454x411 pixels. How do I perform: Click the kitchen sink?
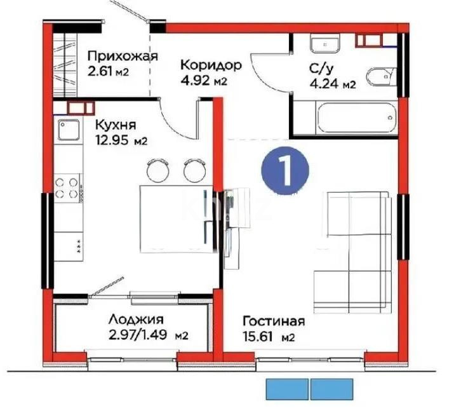click(x=67, y=131)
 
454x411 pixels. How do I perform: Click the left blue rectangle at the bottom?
click(x=286, y=388)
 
